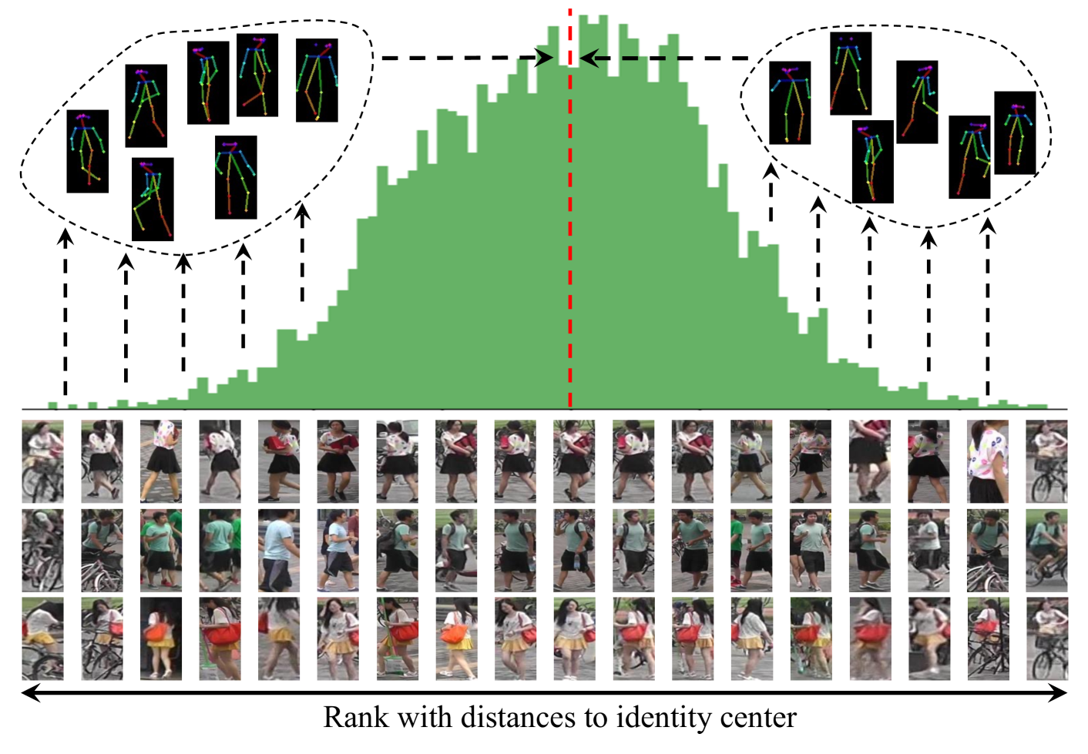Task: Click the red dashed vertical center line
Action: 570,231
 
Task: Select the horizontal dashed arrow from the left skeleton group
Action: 462,58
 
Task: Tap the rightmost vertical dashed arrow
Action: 988,308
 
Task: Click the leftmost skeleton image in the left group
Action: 87,151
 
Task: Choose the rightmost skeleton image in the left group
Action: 317,80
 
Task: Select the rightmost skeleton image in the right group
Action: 1015,132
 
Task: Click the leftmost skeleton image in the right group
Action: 790,102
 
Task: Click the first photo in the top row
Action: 42,461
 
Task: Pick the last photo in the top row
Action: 1046,461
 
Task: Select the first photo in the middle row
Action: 42,550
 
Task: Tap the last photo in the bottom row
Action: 1046,638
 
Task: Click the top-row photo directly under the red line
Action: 574,461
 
